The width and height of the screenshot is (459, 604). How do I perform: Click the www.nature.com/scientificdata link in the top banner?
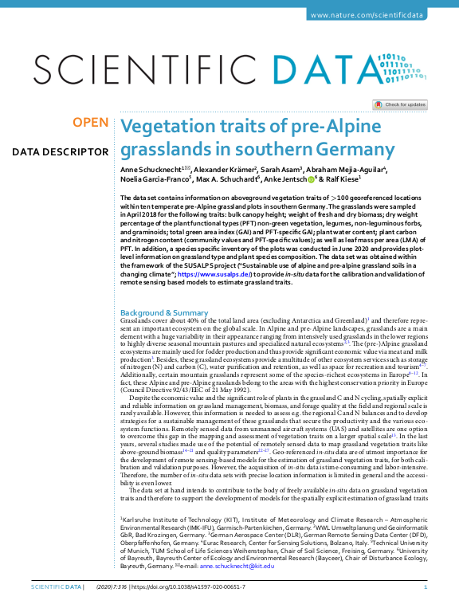378,15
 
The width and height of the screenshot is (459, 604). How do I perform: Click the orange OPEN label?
90,122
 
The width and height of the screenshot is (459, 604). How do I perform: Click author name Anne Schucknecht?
150,170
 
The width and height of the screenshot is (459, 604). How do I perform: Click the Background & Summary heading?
163,291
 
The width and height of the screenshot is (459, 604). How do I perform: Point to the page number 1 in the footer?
426,587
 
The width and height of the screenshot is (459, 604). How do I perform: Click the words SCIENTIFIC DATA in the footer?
55,587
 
